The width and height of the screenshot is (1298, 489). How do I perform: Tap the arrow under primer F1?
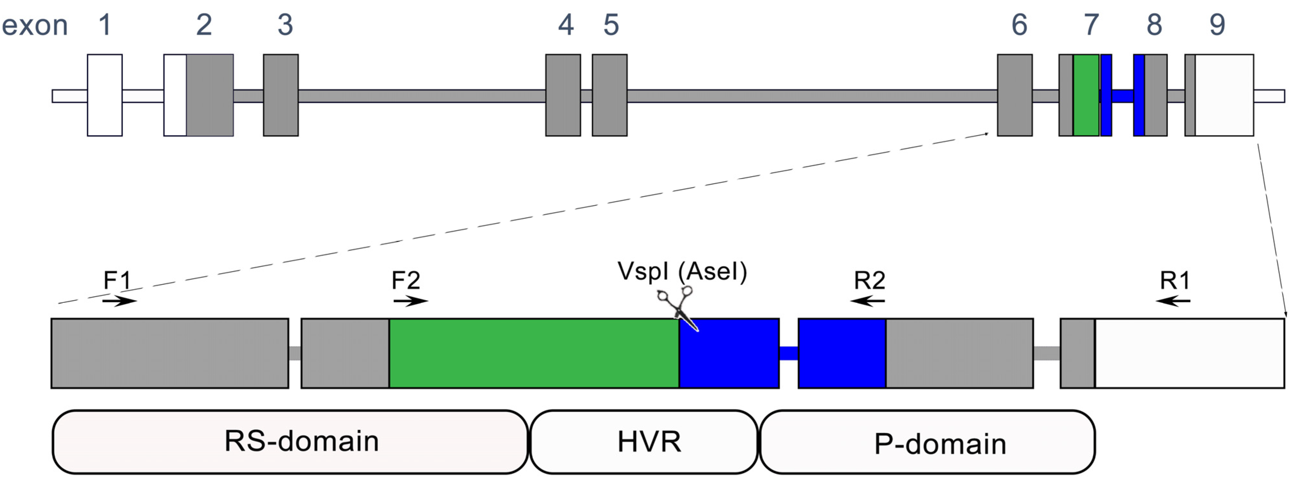click(119, 301)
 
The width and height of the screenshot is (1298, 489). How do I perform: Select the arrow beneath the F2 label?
click(411, 301)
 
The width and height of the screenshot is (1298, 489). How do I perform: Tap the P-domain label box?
click(927, 442)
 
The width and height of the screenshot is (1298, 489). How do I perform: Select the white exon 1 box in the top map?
click(105, 95)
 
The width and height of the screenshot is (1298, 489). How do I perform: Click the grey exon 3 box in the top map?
click(281, 95)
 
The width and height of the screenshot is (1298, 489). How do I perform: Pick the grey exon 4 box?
click(563, 95)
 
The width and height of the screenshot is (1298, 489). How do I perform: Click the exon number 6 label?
click(1019, 25)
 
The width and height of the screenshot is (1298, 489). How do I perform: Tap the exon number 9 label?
click(1217, 25)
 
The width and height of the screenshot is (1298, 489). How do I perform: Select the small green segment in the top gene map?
click(1086, 95)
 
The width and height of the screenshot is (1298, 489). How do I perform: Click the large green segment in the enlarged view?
click(534, 353)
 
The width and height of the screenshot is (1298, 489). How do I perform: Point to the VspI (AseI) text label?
click(682, 272)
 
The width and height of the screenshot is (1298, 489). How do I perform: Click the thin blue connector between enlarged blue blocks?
click(789, 353)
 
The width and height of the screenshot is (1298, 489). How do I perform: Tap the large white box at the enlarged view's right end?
click(1189, 353)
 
